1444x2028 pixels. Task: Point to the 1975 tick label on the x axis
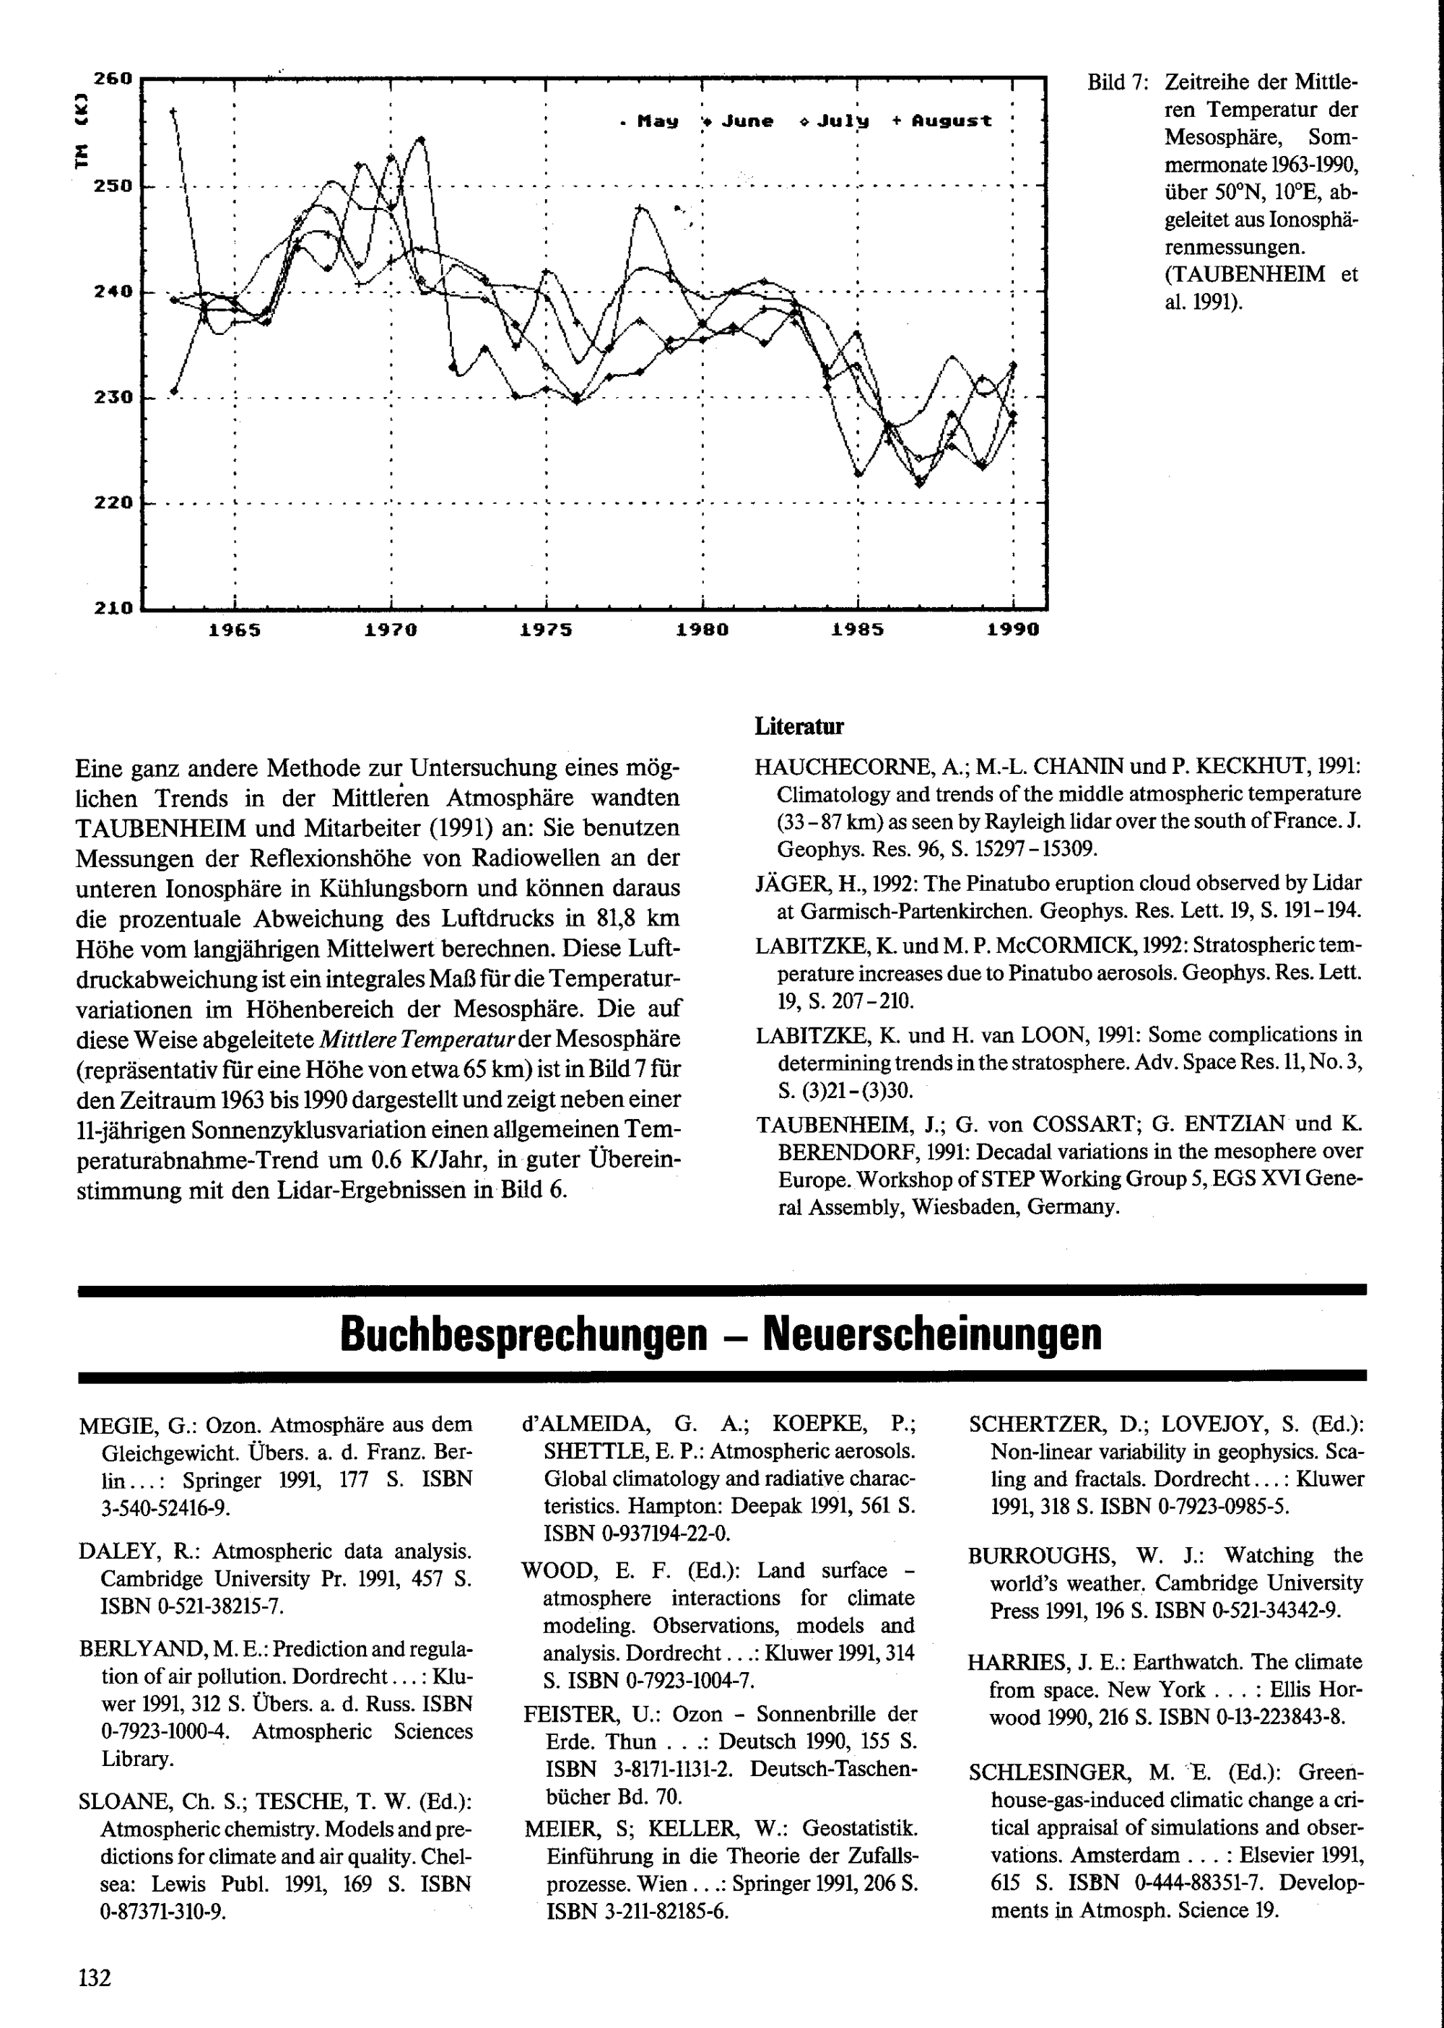pos(546,630)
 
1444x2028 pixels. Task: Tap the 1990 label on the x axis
pos(1013,630)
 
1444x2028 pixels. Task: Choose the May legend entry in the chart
pos(651,121)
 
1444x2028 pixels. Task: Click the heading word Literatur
pos(799,726)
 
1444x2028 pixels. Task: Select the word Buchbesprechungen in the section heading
pos(523,1333)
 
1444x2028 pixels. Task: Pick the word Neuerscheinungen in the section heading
pos(932,1333)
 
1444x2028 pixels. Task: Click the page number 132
pos(95,1977)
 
